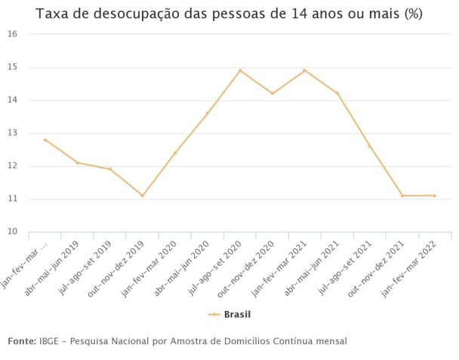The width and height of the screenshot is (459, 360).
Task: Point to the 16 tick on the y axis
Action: coord(13,34)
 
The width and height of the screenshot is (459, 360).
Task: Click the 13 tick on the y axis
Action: coord(13,133)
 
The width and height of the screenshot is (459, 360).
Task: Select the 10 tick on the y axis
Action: coord(13,232)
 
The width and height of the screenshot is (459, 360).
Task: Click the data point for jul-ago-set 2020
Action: coord(240,70)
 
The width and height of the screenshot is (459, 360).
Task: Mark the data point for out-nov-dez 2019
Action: coord(142,195)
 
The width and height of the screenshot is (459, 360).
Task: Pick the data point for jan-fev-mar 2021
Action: coord(304,70)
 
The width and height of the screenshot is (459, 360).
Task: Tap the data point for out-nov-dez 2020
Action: coord(272,94)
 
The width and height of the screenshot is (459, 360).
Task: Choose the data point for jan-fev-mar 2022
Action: coord(434,195)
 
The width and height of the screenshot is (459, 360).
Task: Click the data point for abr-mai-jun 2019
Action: coord(77,162)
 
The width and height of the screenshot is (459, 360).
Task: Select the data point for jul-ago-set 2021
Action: coord(369,146)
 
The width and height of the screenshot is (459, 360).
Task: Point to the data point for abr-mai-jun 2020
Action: coord(207,113)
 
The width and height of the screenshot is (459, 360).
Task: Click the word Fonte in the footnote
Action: coord(21,342)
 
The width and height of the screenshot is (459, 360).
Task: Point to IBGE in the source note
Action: coord(49,342)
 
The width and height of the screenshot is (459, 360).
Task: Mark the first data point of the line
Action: coord(45,140)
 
